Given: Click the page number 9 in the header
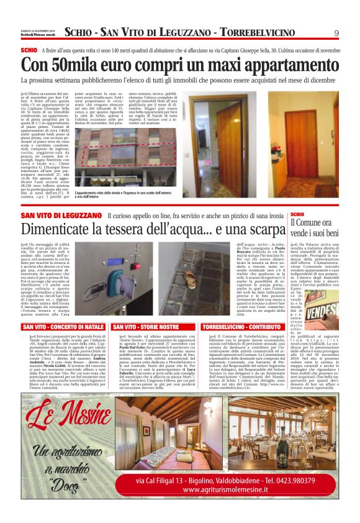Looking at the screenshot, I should point(336,34).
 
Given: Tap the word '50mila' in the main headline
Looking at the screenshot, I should point(80,65).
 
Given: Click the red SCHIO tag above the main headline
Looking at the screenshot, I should point(29,49).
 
